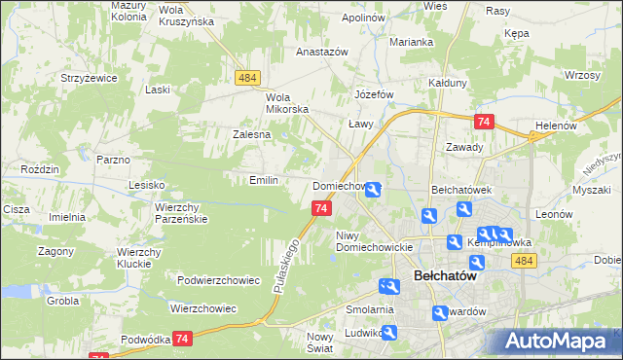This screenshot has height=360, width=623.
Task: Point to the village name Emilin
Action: pos(264,180)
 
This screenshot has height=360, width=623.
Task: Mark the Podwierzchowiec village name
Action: pos(219,280)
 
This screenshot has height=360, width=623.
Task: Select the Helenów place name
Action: pos(557,126)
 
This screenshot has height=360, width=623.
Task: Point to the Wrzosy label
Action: pos(581,75)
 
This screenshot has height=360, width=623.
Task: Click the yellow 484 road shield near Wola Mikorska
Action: pos(247,76)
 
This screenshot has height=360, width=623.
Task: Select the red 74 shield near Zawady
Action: pos(484,121)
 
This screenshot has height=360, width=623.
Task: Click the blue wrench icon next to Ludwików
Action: pos(389,333)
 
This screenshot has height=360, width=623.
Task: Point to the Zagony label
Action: pos(56,250)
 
